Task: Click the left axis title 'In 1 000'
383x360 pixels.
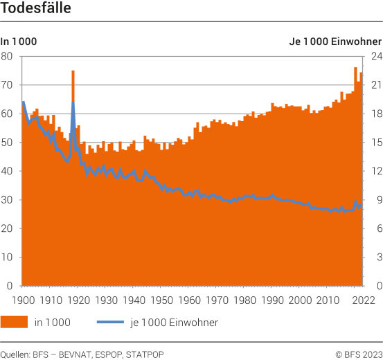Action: click(x=19, y=42)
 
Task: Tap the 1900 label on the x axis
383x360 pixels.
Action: click(x=23, y=300)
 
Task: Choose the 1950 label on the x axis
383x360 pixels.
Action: click(x=161, y=300)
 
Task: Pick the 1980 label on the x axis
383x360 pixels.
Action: click(x=244, y=300)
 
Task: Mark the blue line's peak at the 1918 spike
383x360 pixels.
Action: click(x=73, y=102)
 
